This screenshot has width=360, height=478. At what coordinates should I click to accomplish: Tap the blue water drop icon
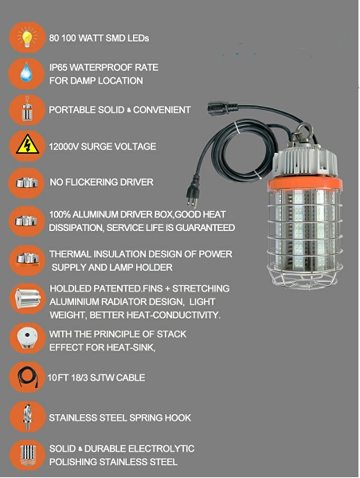coord(25,73)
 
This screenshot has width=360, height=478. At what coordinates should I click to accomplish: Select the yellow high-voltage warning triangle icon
coord(25,147)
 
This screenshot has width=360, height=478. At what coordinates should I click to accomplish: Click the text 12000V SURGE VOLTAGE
coord(103,147)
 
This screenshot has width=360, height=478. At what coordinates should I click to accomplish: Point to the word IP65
coord(61,68)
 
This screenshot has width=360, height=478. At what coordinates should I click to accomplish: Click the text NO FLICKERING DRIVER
coord(101,182)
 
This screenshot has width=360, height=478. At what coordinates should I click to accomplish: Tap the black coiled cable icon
coord(25,377)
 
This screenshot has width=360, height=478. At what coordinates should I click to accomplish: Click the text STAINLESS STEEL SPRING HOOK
coord(120,417)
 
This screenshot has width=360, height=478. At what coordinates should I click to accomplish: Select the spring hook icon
coord(25,417)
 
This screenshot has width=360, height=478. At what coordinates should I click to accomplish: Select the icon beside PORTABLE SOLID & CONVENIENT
coord(25,110)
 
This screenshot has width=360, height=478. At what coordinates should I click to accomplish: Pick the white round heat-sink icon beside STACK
coord(25,338)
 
